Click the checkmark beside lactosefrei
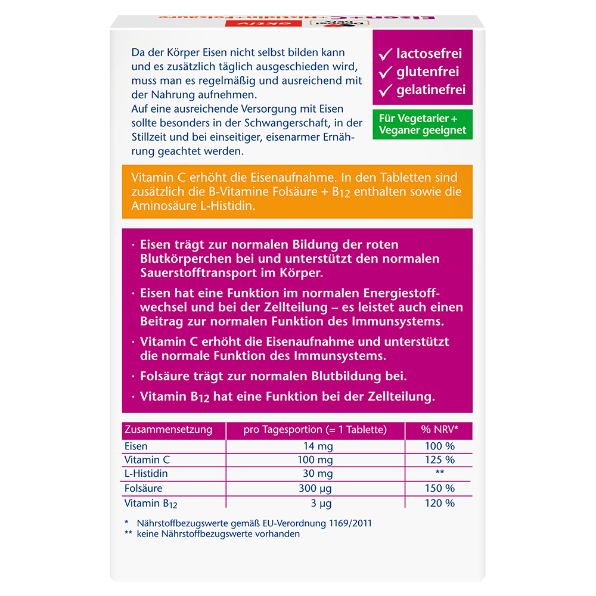pyautogui.click(x=385, y=54)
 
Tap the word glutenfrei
pyautogui.click(x=427, y=72)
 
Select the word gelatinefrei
pyautogui.click(x=430, y=91)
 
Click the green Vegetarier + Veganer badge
pyautogui.click(x=423, y=125)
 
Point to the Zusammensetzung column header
pyautogui.click(x=167, y=430)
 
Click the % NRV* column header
pyautogui.click(x=439, y=430)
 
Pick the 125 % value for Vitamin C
pyautogui.click(x=440, y=460)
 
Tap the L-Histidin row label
pyautogui.click(x=146, y=474)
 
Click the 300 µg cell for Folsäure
pyautogui.click(x=315, y=489)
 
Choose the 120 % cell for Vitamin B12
pyautogui.click(x=440, y=503)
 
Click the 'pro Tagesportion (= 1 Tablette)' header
pyautogui.click(x=315, y=430)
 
